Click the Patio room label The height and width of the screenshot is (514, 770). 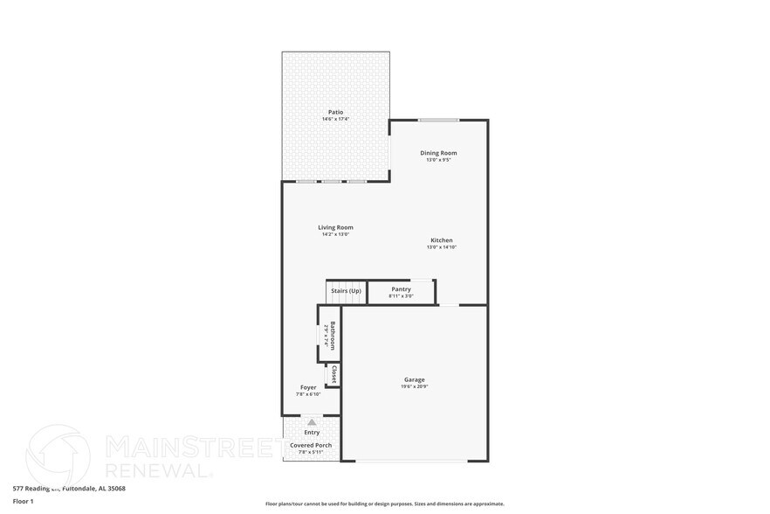click(335, 112)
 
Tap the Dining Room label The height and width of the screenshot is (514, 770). click(438, 153)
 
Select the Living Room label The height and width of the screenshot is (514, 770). click(335, 227)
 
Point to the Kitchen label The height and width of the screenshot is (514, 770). click(442, 240)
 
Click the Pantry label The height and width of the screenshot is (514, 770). click(401, 289)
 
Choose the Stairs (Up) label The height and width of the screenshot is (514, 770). click(345, 291)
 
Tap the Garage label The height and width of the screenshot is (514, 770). click(414, 379)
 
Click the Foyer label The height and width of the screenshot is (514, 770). click(308, 387)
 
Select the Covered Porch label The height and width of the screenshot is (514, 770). click(311, 445)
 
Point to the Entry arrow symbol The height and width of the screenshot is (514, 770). click(312, 422)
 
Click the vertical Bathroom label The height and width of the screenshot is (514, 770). click(333, 336)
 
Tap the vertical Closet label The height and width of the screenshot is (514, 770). click(333, 374)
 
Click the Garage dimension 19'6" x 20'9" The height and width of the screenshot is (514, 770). click(414, 386)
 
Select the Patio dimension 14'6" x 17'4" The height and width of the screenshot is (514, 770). click(335, 119)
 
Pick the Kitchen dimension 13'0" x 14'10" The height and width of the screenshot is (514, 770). click(442, 247)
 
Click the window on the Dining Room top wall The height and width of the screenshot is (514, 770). click(438, 120)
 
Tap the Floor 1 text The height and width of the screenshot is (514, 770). click(23, 501)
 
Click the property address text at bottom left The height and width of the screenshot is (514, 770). click(69, 489)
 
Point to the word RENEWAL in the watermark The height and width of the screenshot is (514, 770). click(158, 470)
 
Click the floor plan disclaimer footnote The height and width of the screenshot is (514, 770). click(384, 504)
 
